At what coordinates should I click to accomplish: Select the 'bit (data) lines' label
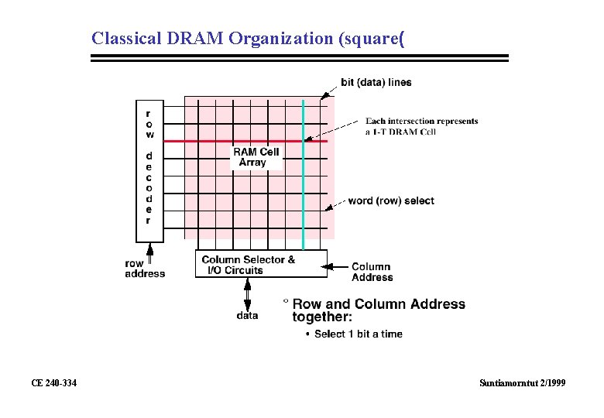click(376, 82)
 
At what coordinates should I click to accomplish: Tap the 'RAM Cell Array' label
click(256, 157)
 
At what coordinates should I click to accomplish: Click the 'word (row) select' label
click(391, 200)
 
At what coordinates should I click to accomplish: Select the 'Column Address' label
click(372, 272)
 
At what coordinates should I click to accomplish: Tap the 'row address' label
click(145, 268)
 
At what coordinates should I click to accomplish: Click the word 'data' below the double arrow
click(248, 315)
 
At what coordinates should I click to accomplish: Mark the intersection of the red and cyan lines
click(304, 141)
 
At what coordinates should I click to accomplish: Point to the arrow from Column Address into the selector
click(338, 267)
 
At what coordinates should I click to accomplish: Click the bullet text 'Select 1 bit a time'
click(358, 334)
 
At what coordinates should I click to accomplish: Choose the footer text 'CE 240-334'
click(53, 383)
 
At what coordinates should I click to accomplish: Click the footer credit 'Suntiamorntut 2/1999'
click(523, 383)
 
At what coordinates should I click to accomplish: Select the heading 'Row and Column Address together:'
click(378, 310)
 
